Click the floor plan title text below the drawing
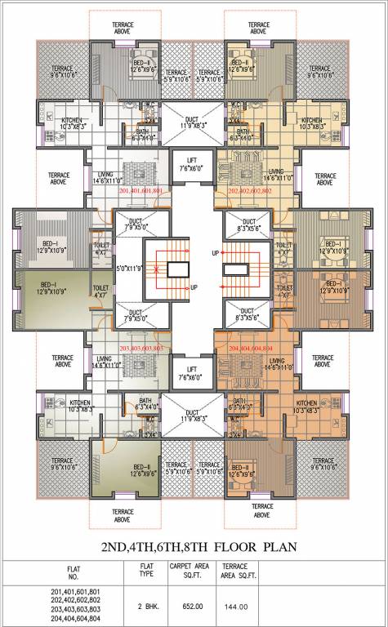[194, 547]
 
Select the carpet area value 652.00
[185, 606]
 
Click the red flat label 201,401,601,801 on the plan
[142, 190]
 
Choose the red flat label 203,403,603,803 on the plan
[142, 349]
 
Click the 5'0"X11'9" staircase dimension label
[130, 268]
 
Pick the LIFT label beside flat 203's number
[194, 369]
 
